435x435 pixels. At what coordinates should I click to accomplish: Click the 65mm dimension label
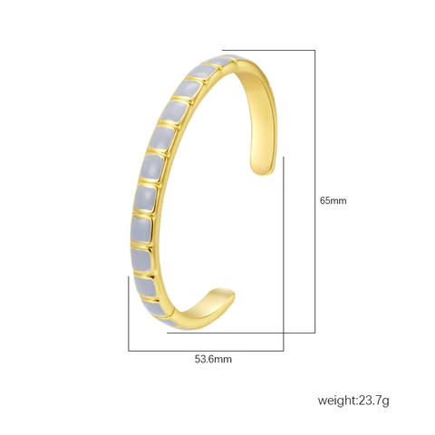coord(333,200)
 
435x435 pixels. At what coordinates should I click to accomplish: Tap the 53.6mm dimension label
coord(213,359)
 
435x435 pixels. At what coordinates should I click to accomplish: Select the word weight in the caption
coord(336,401)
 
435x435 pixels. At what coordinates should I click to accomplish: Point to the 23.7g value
coord(373,401)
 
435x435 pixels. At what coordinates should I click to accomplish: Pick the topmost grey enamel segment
coord(223,60)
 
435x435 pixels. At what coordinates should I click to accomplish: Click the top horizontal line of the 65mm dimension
coord(268,50)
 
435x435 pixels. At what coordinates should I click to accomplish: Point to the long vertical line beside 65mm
coord(315,191)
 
